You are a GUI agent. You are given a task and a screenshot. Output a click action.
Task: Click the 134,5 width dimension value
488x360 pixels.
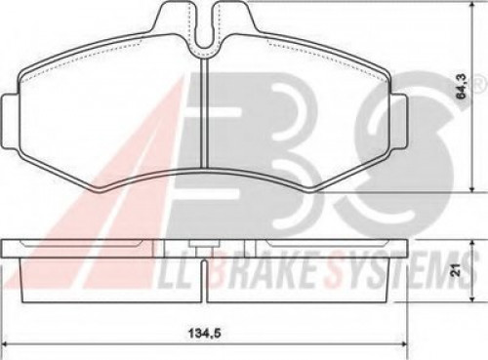[x=205, y=333]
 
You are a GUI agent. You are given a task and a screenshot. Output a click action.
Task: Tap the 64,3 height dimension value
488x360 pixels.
[x=462, y=87]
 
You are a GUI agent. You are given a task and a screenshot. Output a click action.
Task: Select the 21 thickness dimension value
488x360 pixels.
[x=457, y=270]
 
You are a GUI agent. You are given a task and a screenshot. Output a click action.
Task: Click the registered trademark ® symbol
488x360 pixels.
[x=477, y=85]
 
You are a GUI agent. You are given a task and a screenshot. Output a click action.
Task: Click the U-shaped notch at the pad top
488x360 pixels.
[x=205, y=31]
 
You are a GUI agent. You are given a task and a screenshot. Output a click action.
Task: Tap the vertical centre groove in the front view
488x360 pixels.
[x=205, y=113]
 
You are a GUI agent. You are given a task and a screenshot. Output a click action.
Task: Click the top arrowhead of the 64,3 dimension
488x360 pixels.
[x=472, y=7]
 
